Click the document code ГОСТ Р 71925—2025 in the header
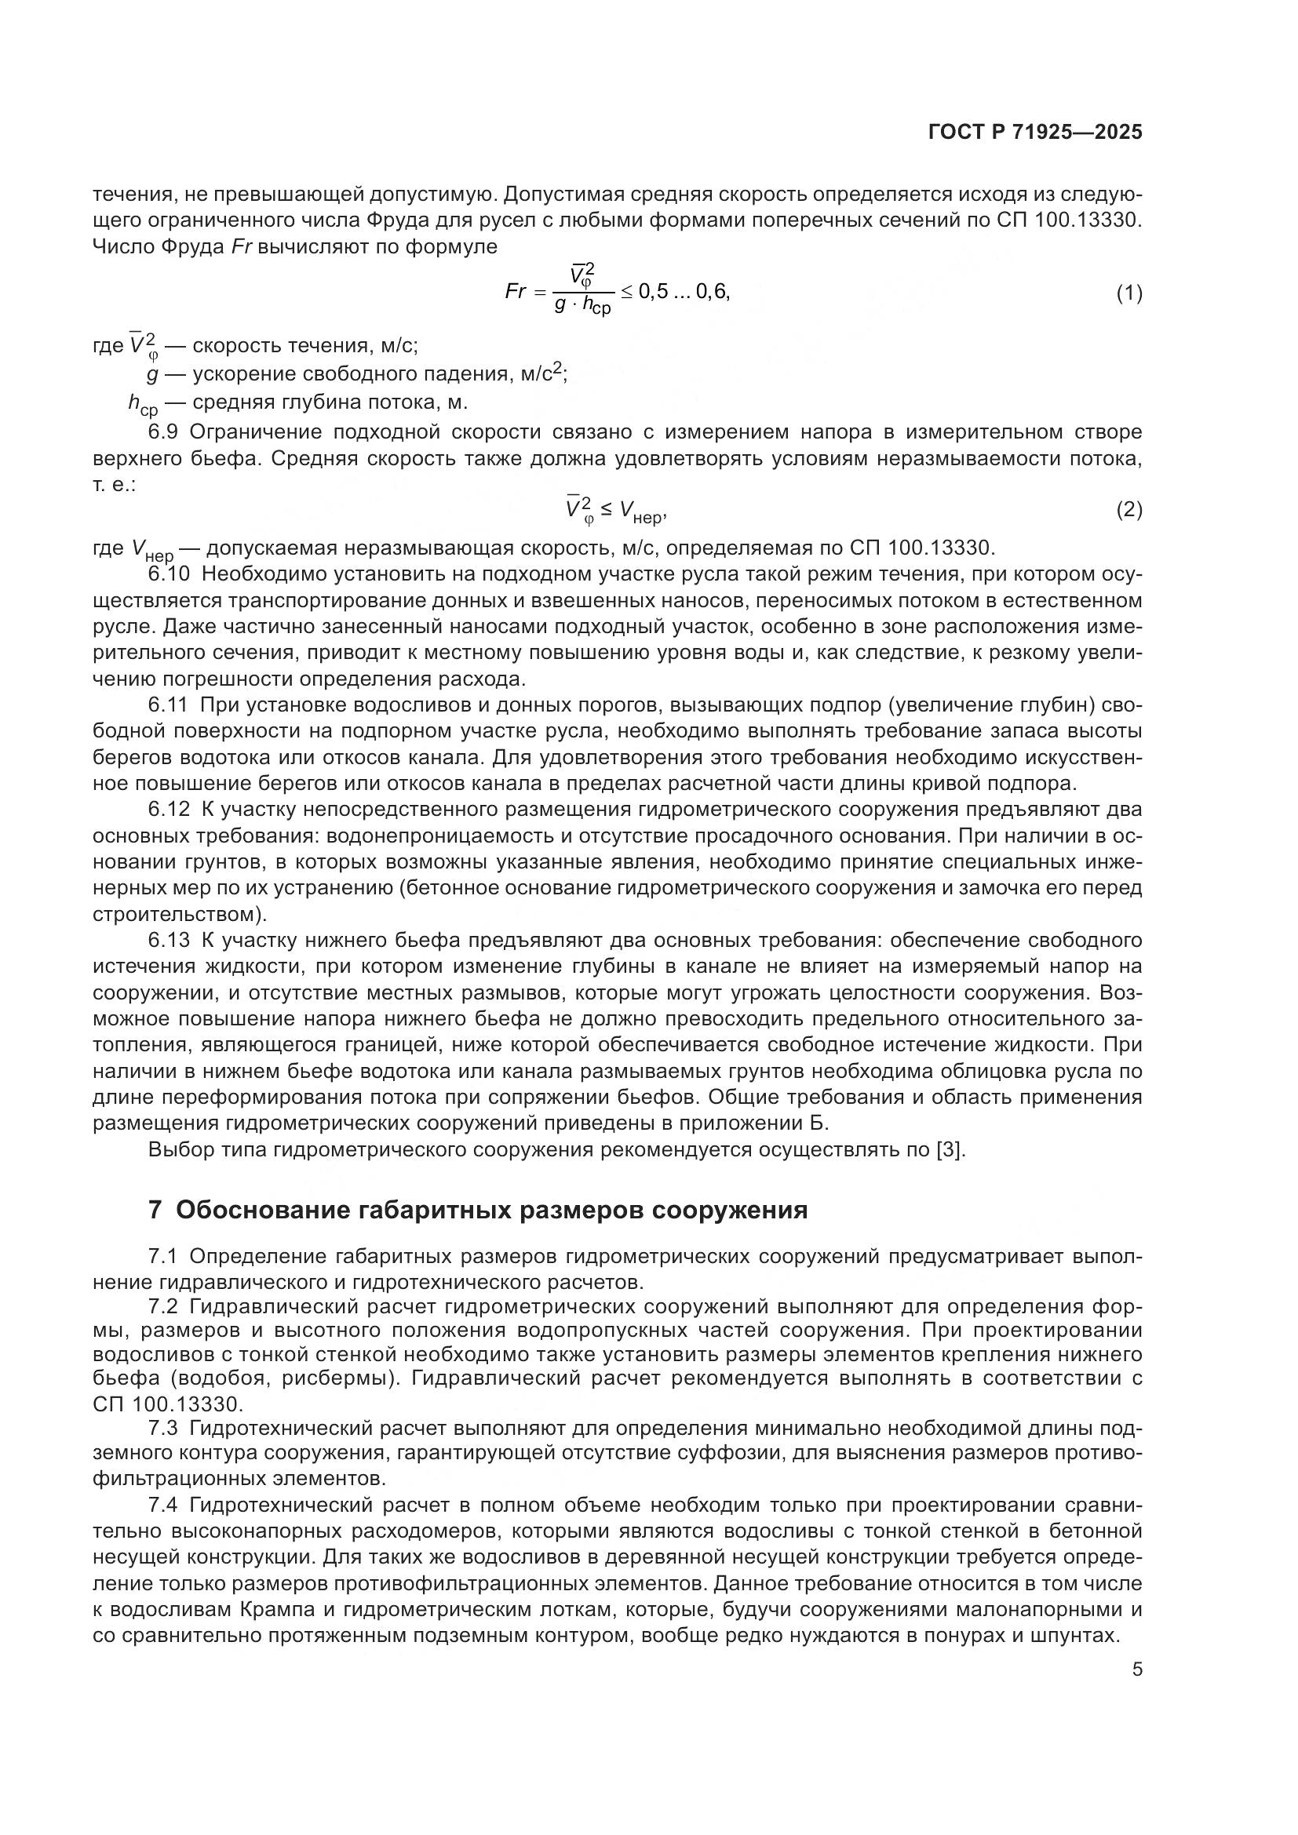click(x=1035, y=133)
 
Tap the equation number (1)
click(x=1128, y=293)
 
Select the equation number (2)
click(x=1128, y=509)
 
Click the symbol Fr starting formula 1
click(x=516, y=292)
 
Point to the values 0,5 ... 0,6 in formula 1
click(x=684, y=292)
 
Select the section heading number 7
click(x=155, y=1210)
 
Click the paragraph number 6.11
click(x=169, y=705)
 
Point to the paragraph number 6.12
click(x=169, y=810)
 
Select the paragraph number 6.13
click(x=169, y=940)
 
